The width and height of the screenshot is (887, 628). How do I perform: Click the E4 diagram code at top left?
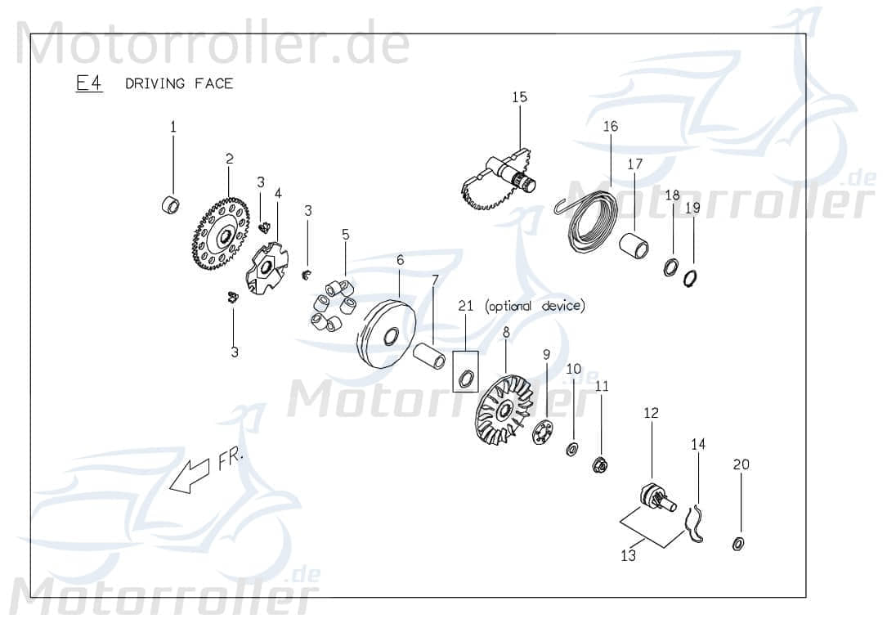pos(89,83)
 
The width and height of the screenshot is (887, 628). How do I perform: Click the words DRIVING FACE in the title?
pos(179,83)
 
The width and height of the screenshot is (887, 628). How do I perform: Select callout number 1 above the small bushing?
pos(172,127)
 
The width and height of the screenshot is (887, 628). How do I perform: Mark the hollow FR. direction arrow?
pos(187,476)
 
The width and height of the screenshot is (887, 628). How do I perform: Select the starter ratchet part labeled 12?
pos(655,497)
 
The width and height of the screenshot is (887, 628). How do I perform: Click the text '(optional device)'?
pos(535,306)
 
